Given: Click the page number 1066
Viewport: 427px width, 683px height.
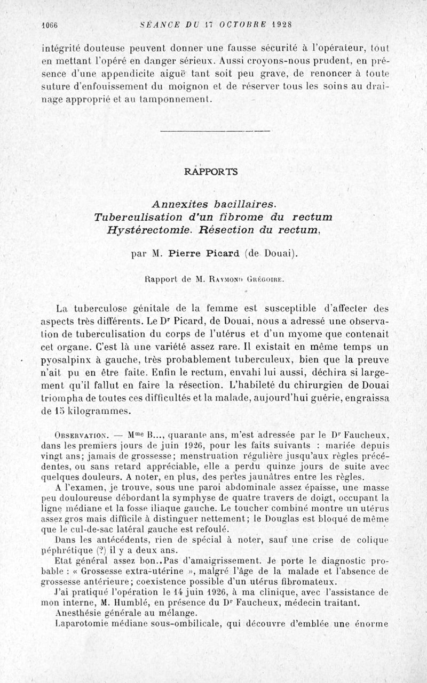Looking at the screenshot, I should pyautogui.click(x=50, y=25).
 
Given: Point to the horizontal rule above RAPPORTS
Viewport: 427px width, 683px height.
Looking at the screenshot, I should pyautogui.click(x=215, y=131).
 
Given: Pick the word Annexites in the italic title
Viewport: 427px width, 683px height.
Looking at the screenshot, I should pyautogui.click(x=179, y=204).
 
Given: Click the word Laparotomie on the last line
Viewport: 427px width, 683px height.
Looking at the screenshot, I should pyautogui.click(x=82, y=624).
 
